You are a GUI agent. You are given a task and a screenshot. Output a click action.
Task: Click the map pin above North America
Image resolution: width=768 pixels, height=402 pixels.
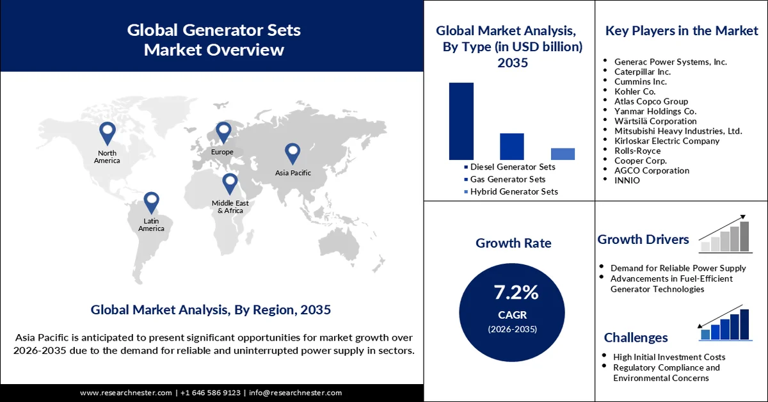click(107, 133)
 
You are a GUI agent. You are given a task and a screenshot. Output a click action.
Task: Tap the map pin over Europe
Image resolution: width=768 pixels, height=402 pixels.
click(223, 132)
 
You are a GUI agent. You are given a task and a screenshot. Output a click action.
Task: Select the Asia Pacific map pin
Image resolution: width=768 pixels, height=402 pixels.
click(292, 152)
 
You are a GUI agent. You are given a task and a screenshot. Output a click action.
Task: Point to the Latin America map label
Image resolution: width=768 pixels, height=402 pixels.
click(151, 224)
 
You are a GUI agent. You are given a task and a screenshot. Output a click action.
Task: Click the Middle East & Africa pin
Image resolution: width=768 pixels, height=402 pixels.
click(230, 183)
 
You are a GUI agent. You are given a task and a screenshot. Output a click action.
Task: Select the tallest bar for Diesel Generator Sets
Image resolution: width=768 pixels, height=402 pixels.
click(461, 121)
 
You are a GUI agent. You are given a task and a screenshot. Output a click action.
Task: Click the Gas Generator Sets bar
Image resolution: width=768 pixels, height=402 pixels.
click(511, 146)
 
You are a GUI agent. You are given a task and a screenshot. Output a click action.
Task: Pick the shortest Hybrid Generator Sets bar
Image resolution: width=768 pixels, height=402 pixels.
click(562, 154)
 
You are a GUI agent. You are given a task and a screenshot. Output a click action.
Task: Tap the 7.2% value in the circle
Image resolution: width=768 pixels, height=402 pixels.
click(516, 293)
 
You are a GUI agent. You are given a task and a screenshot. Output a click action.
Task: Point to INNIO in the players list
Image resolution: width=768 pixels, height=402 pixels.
click(627, 181)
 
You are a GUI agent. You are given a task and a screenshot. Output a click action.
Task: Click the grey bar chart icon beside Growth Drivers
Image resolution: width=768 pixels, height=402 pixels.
click(725, 234)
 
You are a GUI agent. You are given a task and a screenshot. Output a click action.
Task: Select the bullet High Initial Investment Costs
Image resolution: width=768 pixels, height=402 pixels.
click(669, 357)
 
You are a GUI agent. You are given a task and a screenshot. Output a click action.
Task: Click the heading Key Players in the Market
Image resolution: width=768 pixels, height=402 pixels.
click(681, 31)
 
